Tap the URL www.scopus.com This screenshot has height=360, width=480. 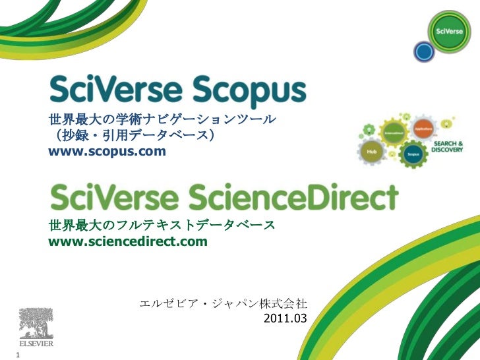[107, 153]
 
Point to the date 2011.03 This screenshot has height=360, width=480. [285, 319]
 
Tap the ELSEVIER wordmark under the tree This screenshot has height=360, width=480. [36, 344]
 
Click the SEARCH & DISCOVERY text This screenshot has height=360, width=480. [447, 146]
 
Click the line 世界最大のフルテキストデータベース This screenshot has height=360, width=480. [162, 227]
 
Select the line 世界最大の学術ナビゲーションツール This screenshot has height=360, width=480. [162, 121]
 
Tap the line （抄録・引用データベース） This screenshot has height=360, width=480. [132, 136]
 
